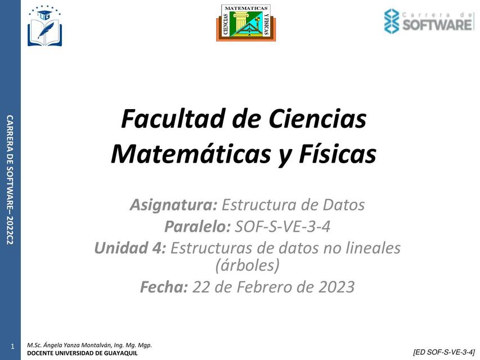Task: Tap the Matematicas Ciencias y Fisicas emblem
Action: click(x=246, y=22)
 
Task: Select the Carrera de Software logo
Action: click(x=428, y=21)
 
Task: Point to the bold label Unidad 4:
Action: click(x=130, y=248)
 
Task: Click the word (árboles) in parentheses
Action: click(x=248, y=264)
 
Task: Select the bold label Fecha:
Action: click(x=163, y=287)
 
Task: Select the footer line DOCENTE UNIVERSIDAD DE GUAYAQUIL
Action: click(x=82, y=353)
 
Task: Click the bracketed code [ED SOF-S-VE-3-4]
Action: click(x=443, y=352)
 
